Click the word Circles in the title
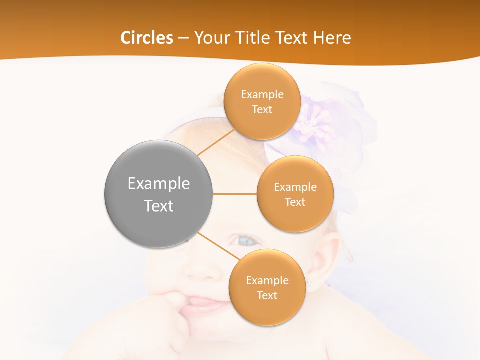[146, 38]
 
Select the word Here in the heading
[332, 38]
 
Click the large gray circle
[158, 225]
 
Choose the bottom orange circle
[267, 310]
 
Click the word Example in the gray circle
[158, 183]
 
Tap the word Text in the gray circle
[158, 206]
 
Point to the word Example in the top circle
[262, 94]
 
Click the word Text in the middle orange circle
[295, 202]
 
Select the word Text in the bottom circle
[267, 295]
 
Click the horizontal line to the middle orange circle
[234, 194]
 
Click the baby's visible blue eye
[246, 241]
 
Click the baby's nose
[202, 270]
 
